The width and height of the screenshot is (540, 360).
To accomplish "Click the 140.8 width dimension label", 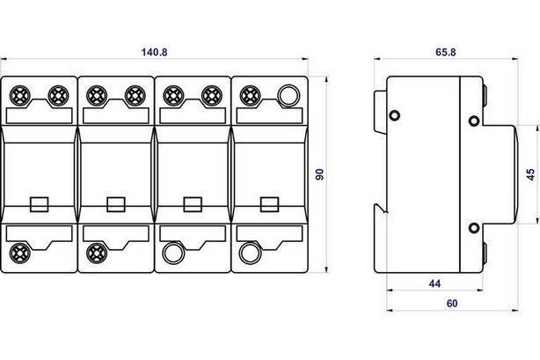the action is pos(154,52).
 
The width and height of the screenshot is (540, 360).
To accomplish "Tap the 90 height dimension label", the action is pos(320,174).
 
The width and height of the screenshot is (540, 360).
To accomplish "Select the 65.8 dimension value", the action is pos(446,52).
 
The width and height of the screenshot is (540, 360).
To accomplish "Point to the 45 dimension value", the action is pos(530,174).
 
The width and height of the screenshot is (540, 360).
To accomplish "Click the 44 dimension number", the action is pos(434,283).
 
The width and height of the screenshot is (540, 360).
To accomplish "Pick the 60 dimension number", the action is pos(452,304).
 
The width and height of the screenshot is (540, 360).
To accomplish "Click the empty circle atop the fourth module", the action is pos(288,96).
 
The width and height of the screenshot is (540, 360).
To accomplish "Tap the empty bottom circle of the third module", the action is pos(173,253).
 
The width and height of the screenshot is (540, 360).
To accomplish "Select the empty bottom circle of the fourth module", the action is pos(250,253).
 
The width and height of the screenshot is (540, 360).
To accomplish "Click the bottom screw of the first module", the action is pos(20,253).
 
